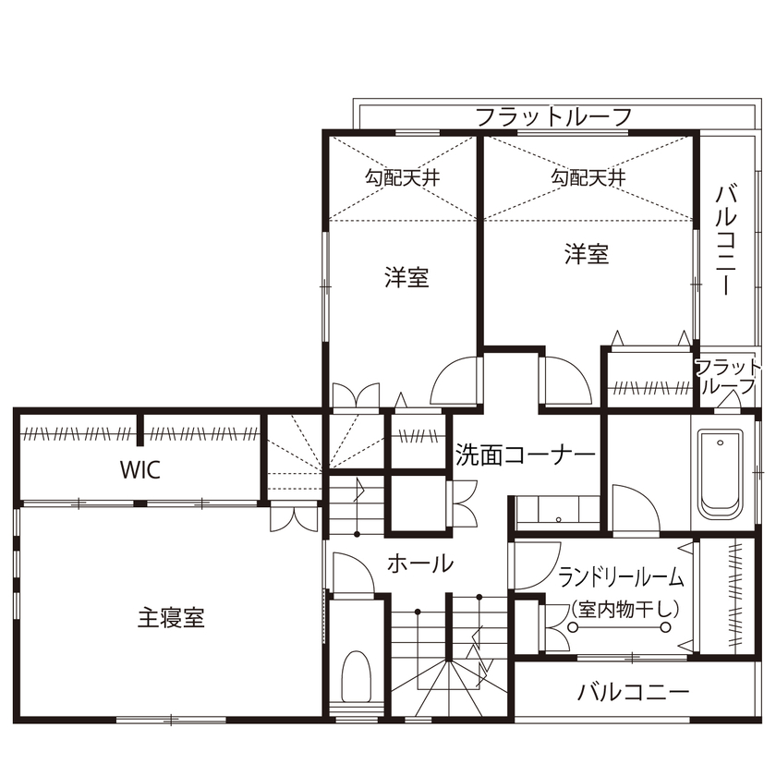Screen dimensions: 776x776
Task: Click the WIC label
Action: click(139, 469)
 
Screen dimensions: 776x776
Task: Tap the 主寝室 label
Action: click(172, 617)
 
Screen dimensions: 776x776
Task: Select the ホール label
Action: click(420, 562)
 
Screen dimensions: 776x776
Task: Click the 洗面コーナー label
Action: click(525, 455)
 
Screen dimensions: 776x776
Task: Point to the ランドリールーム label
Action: click(621, 577)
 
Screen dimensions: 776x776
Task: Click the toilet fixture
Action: click(355, 678)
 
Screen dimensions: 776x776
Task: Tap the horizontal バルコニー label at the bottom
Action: click(633, 692)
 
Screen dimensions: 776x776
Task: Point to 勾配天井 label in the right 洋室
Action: click(588, 177)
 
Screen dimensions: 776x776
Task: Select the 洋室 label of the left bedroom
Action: click(406, 277)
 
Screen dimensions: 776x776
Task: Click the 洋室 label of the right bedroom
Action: click(588, 254)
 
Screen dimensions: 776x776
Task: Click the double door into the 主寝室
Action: click(294, 517)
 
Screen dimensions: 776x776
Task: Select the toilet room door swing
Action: click(352, 573)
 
